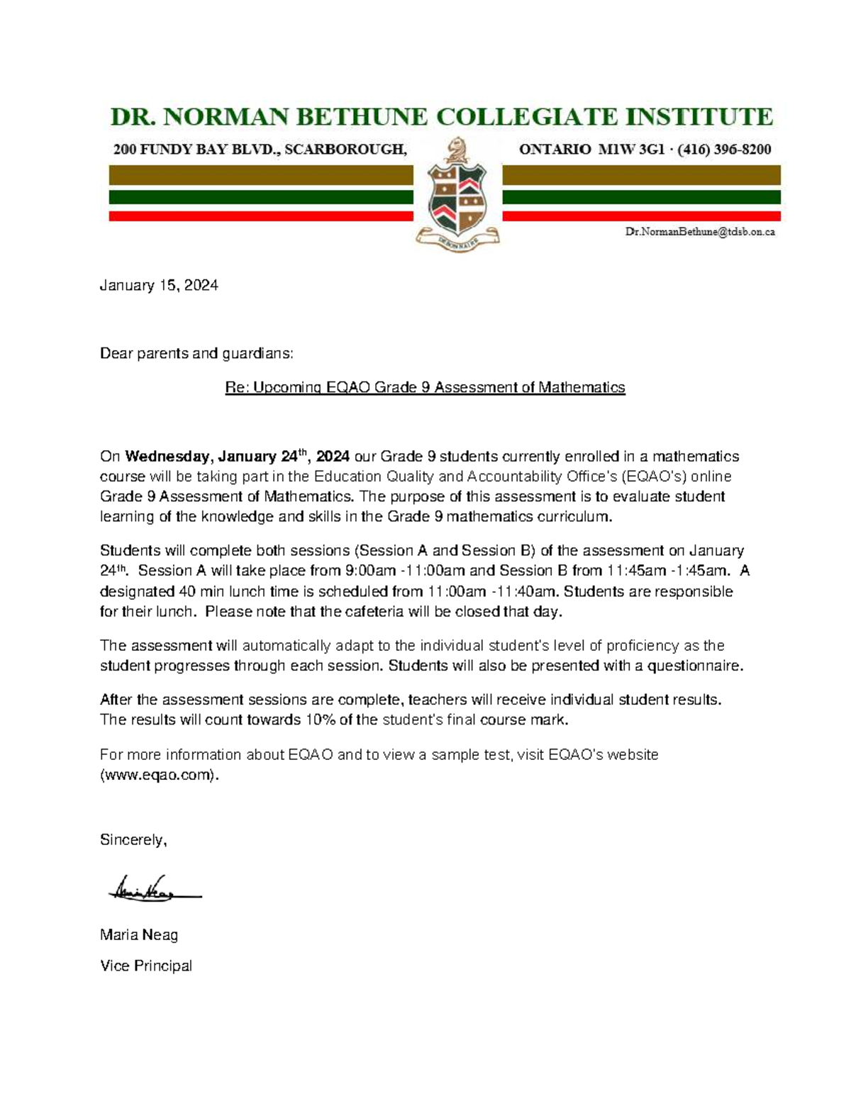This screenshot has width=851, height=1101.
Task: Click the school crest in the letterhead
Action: pos(457,195)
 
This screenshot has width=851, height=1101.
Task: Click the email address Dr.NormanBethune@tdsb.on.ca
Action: pos(699,232)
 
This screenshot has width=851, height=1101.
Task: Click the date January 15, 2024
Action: pos(159,286)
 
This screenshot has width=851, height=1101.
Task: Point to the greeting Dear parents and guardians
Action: pos(196,354)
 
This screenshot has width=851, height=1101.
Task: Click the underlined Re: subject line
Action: pos(425,388)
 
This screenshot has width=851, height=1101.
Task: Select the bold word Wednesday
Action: pos(167,456)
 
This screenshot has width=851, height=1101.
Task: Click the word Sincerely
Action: pos(133,840)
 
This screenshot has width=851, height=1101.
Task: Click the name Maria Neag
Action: pos(139,935)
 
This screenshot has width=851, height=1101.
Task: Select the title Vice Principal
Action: pos(146,966)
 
